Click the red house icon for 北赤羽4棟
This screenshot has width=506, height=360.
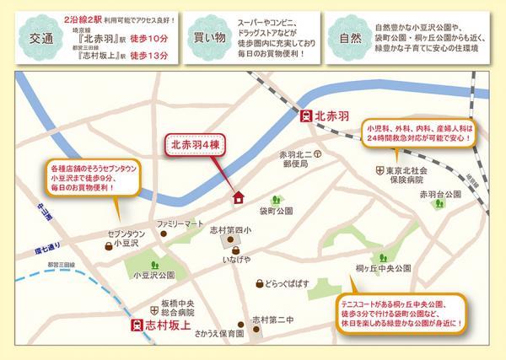[x=238, y=197]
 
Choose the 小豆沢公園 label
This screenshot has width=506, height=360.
[x=153, y=275]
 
